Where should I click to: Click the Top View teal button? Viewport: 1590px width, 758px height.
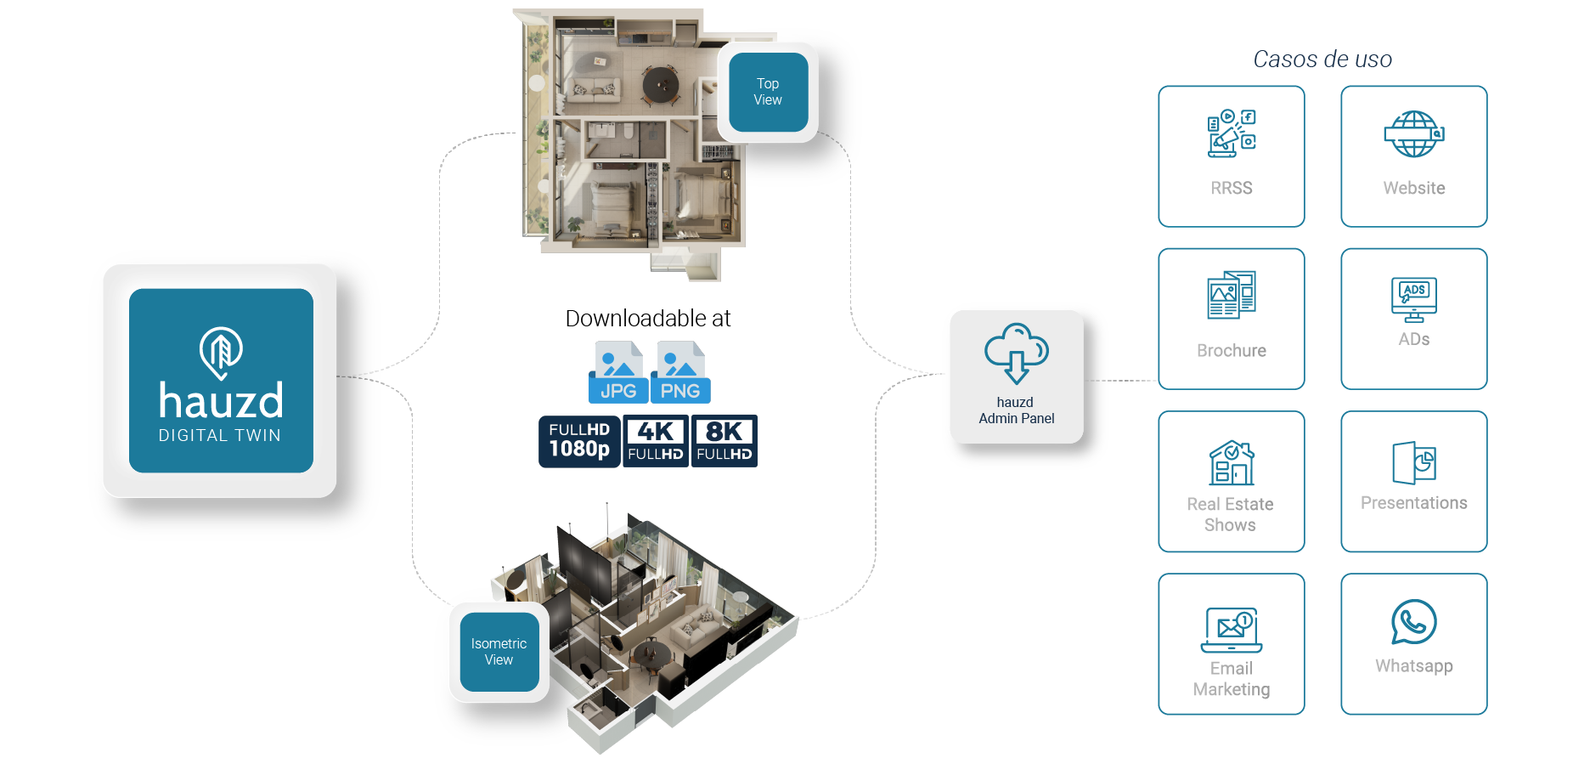click(768, 92)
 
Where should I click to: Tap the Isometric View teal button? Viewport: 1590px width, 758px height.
click(499, 652)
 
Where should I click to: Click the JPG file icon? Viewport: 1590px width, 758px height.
click(617, 372)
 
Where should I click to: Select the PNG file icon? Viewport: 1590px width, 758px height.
click(680, 372)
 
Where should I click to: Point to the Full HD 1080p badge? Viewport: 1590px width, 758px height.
click(579, 441)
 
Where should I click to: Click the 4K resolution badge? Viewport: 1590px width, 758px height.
click(656, 440)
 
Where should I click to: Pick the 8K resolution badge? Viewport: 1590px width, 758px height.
click(725, 440)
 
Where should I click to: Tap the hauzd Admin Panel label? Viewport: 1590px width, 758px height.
click(1016, 410)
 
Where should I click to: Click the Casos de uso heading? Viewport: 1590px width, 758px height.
click(1322, 59)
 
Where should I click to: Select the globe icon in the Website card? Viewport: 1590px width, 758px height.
click(1413, 134)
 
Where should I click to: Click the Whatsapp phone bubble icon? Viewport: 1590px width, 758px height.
click(1413, 622)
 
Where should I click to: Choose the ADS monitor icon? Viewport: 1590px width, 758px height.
click(1413, 299)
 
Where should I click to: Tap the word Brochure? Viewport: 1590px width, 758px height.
click(1231, 351)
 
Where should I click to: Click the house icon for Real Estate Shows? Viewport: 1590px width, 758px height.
click(1232, 463)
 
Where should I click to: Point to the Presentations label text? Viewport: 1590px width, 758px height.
click(1413, 503)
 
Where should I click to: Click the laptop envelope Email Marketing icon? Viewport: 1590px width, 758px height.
click(1232, 630)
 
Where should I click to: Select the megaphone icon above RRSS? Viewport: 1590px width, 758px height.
click(1231, 133)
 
